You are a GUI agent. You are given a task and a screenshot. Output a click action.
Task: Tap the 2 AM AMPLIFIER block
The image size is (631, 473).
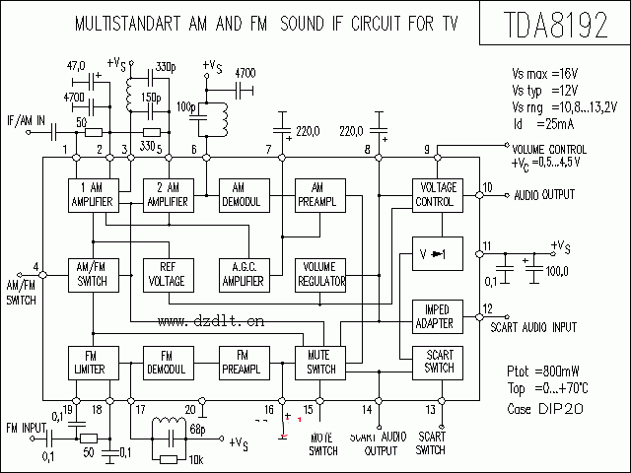click(x=165, y=195)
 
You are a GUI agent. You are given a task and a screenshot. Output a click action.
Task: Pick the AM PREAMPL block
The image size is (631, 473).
click(x=317, y=195)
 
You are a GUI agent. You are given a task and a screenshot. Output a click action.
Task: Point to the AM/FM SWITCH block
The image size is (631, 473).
click(x=92, y=274)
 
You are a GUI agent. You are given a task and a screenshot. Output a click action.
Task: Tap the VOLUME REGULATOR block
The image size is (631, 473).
click(x=319, y=274)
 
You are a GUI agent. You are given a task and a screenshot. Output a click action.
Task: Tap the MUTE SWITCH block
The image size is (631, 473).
click(x=319, y=363)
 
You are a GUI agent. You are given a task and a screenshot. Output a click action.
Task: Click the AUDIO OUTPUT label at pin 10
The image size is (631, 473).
click(x=543, y=194)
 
